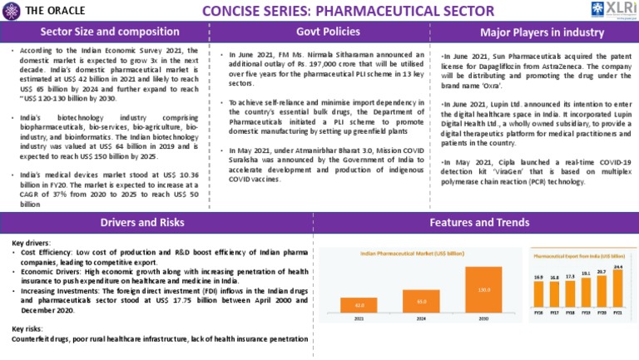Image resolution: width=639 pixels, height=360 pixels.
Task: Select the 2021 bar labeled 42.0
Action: coord(360,305)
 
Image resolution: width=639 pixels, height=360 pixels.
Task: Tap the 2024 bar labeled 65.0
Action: coord(422,300)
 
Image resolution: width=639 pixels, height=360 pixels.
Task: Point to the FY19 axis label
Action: coord(586,313)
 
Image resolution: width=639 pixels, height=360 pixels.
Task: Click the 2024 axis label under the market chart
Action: coord(422,318)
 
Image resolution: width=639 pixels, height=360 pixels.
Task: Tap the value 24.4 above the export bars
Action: coord(617,267)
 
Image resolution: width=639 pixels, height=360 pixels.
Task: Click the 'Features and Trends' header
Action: coord(478,223)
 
